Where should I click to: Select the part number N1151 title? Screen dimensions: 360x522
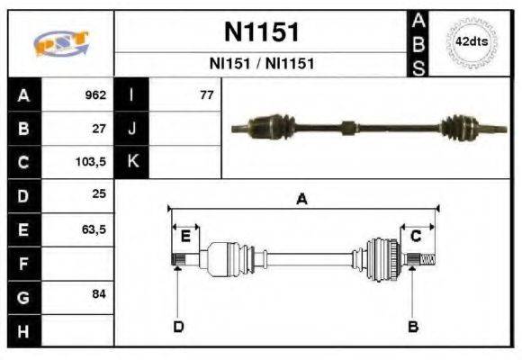(261, 32)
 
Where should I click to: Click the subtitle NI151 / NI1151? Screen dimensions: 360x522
(261, 64)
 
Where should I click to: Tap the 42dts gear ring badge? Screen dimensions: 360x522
(471, 42)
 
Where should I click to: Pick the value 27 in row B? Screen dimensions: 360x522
(100, 129)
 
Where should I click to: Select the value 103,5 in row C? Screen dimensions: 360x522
(93, 163)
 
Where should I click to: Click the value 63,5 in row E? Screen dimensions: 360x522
(94, 230)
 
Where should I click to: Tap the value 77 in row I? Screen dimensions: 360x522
(206, 95)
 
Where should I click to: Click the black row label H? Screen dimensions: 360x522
(23, 331)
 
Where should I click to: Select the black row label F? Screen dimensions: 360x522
(23, 264)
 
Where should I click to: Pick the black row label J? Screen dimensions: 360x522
(131, 129)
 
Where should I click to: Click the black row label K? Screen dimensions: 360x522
(131, 163)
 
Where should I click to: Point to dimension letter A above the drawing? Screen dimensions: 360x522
(301, 200)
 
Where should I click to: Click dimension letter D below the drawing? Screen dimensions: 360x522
(178, 326)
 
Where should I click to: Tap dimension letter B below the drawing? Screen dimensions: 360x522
(413, 326)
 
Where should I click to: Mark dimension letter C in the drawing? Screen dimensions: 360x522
(416, 237)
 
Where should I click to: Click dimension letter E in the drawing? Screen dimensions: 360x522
(185, 237)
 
